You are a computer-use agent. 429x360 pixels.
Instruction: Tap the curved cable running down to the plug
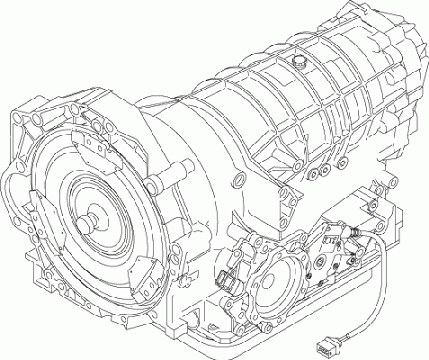click(x=387, y=288)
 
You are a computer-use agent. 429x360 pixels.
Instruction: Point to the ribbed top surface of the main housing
click(x=270, y=90)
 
